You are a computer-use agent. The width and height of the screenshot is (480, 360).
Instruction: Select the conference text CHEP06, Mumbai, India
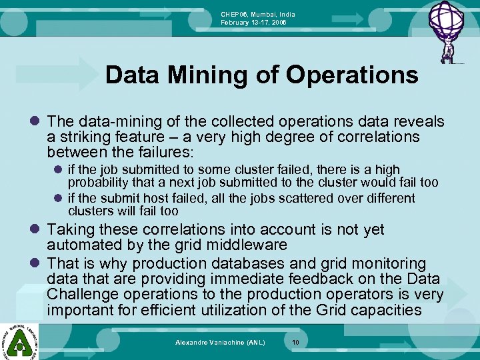258,14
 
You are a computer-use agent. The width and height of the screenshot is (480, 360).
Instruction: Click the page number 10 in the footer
296,342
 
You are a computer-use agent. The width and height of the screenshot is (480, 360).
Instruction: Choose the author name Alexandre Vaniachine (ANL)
220,342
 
